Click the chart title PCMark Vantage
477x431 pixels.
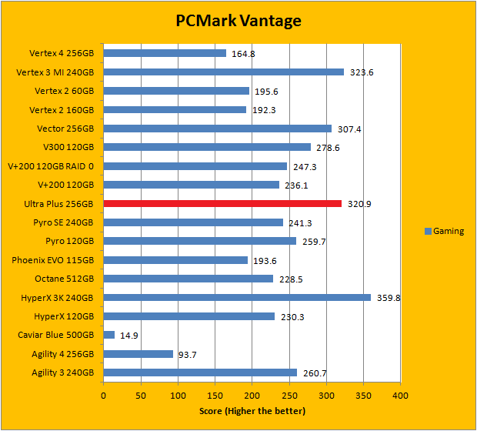point(238,20)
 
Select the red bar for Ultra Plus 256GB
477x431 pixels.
point(222,204)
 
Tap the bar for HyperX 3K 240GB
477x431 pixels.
point(237,298)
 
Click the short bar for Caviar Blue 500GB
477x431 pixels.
point(109,335)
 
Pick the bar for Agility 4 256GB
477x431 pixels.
point(138,354)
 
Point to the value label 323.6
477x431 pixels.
point(361,72)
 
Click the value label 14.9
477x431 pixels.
point(129,336)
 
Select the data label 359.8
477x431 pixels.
point(389,298)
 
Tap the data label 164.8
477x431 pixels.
point(243,54)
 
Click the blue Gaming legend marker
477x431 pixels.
point(428,231)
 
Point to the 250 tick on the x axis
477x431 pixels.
point(289,395)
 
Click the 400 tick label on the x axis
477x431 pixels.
point(400,395)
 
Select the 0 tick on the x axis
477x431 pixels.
point(104,395)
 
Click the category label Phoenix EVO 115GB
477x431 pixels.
point(52,260)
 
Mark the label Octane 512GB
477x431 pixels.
point(64,279)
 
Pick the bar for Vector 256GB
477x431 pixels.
point(218,129)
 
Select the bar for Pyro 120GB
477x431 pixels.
point(200,241)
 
